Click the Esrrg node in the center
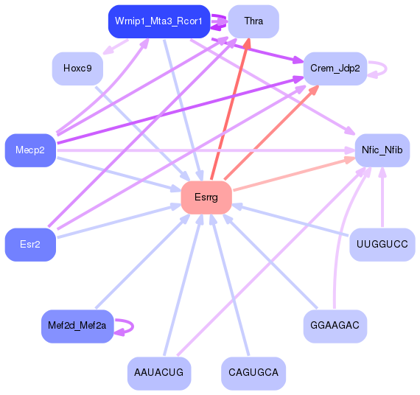(x=206, y=197)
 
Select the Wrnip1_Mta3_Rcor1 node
(x=158, y=21)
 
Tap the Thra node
(x=253, y=21)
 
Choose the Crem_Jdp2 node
(x=335, y=69)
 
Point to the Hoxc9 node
(x=77, y=69)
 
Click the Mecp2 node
(x=30, y=150)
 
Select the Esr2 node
(x=30, y=245)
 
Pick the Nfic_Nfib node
(x=382, y=150)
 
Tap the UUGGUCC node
(x=382, y=245)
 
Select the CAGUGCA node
(x=253, y=373)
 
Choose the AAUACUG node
(x=159, y=373)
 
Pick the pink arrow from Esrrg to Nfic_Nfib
(x=295, y=174)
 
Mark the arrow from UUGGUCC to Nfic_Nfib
(x=382, y=199)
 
